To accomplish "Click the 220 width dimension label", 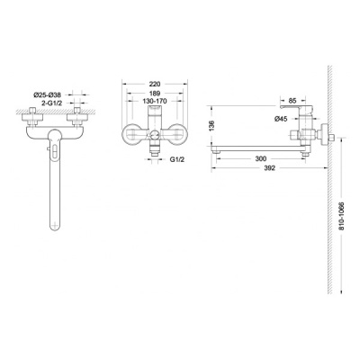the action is click(x=155, y=85).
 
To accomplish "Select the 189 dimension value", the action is click(x=155, y=94).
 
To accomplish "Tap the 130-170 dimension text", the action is click(x=155, y=101).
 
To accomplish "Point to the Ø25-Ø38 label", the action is click(x=47, y=95).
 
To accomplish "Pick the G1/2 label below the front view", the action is click(x=177, y=159).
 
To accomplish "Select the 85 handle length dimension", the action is click(x=292, y=101).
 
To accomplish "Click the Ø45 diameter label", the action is click(x=281, y=119).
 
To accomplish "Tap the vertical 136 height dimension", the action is click(x=211, y=126).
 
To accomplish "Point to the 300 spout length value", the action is click(x=260, y=159).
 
